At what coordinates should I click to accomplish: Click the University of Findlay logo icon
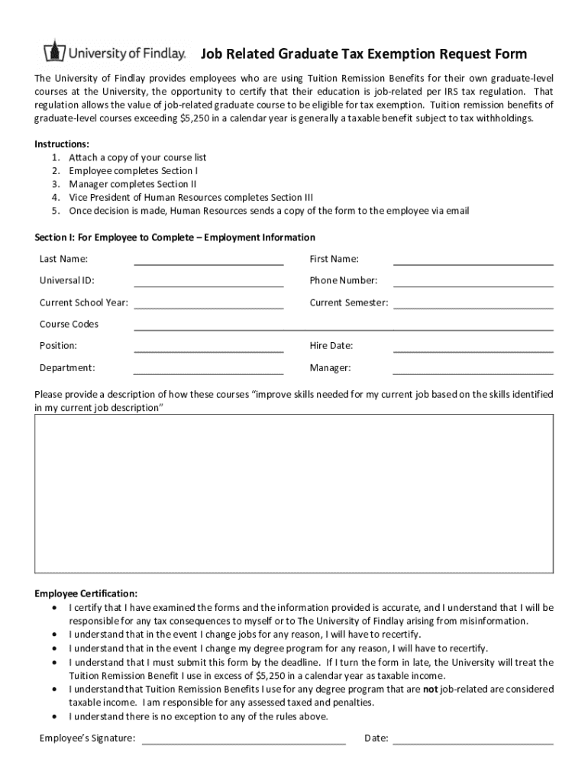point(53,52)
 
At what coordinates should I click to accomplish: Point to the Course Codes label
point(69,325)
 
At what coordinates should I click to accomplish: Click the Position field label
point(58,346)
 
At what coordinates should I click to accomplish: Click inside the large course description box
point(294,493)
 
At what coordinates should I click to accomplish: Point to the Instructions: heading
point(62,144)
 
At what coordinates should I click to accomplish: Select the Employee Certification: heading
point(86,593)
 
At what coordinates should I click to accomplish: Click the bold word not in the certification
point(430,689)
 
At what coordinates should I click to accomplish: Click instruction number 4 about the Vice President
point(191,197)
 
